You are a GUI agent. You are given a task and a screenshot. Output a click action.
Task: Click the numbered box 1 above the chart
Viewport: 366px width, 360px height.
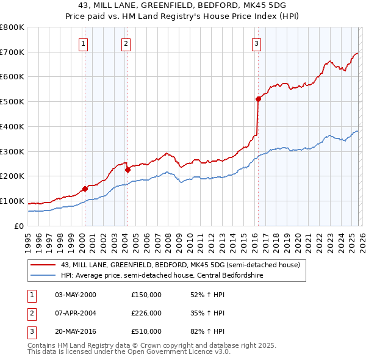pos(82,43)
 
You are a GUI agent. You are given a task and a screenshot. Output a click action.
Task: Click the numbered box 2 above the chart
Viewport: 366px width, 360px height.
pos(125,43)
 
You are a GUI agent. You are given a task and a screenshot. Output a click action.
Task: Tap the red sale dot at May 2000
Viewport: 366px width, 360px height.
pos(85,189)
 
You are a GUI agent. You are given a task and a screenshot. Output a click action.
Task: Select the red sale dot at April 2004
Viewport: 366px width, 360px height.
pos(127,170)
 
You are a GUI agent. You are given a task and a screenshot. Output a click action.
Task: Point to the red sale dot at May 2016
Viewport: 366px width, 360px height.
pos(258,98)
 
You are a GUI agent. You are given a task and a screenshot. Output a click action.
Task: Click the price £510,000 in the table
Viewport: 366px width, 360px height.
pos(146,331)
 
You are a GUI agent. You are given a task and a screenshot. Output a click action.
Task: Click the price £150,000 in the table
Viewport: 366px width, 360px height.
pos(146,295)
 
